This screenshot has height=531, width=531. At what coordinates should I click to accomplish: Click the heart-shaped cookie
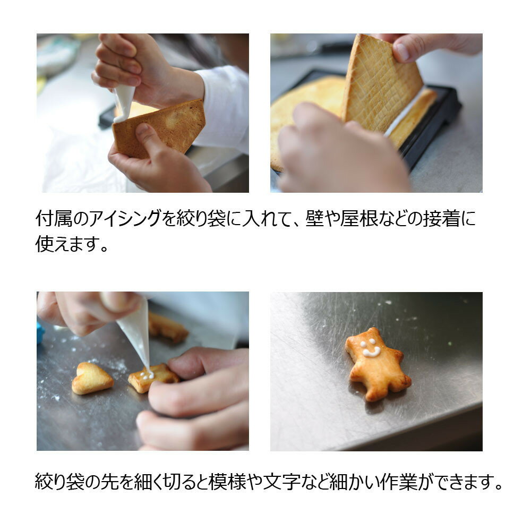point(92,378)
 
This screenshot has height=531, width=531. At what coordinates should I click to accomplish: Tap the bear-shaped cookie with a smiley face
point(377,364)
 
